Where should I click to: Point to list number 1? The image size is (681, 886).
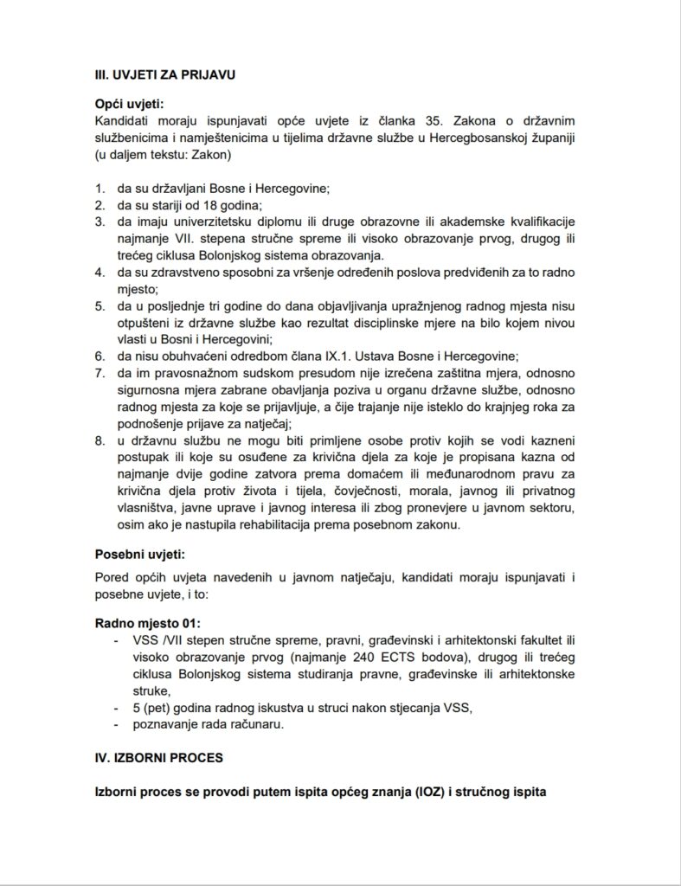click(100, 189)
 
